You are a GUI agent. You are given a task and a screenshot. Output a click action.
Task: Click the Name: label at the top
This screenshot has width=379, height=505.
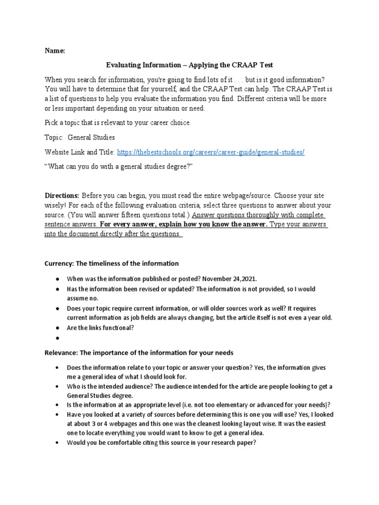(55, 51)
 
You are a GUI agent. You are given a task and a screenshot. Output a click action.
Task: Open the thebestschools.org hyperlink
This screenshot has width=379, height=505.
(211, 152)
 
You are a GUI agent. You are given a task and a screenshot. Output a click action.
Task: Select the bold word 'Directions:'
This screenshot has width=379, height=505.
(62, 196)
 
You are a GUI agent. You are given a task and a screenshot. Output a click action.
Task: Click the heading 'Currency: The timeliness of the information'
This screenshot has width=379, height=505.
(112, 263)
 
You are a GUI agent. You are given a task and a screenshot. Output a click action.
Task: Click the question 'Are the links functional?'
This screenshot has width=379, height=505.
(101, 328)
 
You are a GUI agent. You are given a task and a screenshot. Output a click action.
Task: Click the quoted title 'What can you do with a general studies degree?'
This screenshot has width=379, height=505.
(118, 167)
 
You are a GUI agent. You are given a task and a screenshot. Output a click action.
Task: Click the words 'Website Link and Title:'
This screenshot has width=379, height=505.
(79, 152)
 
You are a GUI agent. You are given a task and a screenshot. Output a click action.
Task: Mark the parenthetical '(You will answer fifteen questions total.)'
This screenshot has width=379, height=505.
(129, 215)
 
